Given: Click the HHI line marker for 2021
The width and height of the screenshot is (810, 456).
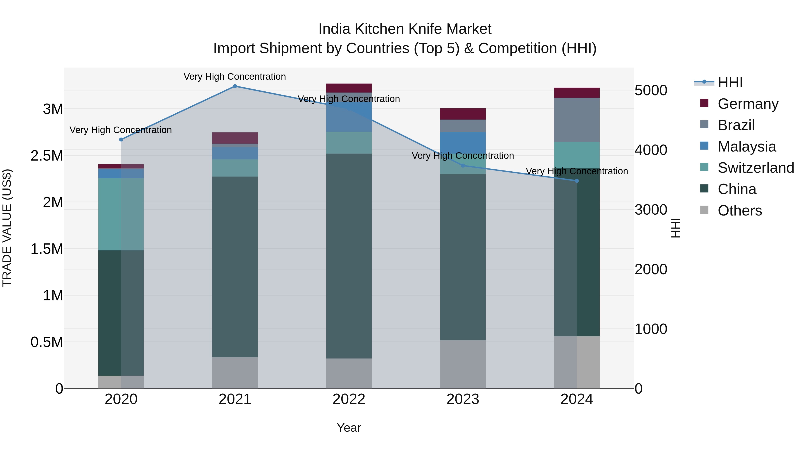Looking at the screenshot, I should (235, 86).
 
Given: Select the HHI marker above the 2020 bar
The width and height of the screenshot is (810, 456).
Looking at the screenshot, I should (121, 139).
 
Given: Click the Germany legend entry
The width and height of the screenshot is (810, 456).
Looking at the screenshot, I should (748, 104).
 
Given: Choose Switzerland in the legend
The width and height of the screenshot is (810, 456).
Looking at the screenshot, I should (756, 168).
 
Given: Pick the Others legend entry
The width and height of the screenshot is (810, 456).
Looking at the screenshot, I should (740, 211).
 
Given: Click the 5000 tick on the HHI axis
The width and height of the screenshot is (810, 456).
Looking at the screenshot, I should (650, 91).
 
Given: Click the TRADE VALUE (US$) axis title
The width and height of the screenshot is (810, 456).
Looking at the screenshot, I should (7, 228).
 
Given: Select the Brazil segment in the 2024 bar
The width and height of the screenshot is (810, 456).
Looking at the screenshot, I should (577, 120).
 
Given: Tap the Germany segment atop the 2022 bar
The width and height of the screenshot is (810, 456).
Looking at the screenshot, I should (349, 88).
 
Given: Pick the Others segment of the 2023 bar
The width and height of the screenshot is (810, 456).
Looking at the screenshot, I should (463, 364).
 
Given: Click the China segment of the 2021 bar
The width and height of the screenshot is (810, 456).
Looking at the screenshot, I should (235, 267).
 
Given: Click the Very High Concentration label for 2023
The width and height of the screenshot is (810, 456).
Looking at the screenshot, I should (463, 156).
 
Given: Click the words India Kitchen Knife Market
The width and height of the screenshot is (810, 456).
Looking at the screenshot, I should (405, 29).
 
